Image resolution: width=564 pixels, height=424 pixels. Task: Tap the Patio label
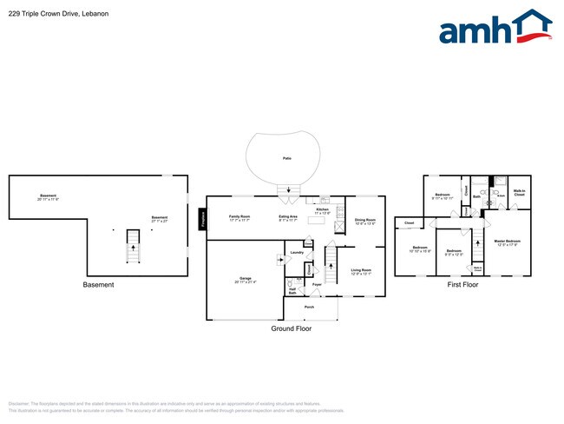click(286, 158)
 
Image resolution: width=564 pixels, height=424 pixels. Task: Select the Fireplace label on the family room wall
click(203, 222)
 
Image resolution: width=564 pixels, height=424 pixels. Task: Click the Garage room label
click(246, 279)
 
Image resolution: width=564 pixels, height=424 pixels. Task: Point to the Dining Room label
click(365, 221)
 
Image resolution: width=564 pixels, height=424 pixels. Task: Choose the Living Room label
click(361, 271)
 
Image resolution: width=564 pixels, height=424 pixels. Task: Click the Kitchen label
click(323, 209)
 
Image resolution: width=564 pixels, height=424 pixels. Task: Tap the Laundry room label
click(296, 253)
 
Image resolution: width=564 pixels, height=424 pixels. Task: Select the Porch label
click(309, 307)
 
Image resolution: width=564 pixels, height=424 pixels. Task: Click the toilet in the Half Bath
click(288, 283)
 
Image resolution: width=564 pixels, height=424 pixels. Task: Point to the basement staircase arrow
click(133, 247)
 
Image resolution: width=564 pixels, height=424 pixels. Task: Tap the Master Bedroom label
click(507, 242)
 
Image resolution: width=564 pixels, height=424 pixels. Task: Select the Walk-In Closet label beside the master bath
click(519, 193)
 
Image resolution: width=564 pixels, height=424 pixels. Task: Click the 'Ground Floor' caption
click(291, 328)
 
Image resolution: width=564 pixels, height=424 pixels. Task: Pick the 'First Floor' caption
click(464, 284)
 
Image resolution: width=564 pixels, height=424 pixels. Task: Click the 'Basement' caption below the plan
click(98, 285)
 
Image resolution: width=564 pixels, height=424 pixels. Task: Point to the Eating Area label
click(288, 218)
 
